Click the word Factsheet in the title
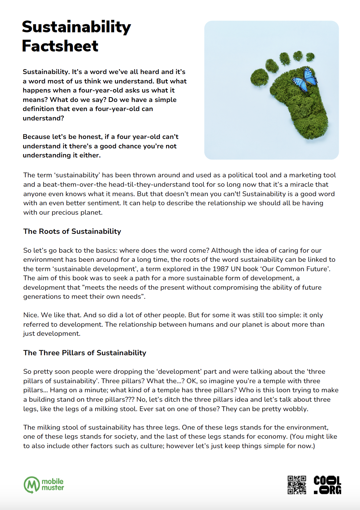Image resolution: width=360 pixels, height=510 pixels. point(60,46)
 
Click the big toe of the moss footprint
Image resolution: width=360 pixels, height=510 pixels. point(259,77)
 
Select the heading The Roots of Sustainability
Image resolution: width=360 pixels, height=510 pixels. point(72,231)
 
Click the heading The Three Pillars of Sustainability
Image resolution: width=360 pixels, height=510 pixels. point(85,353)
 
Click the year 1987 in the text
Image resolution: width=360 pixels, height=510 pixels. point(220,269)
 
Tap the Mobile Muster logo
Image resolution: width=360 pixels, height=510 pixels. point(44,485)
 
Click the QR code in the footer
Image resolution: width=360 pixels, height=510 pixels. point(297,485)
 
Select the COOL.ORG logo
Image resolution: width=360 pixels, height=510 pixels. point(327,485)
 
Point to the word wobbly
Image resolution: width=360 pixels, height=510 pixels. point(296,409)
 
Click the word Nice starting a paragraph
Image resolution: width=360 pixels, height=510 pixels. point(31,315)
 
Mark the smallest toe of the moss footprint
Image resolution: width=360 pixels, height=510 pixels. point(310,57)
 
